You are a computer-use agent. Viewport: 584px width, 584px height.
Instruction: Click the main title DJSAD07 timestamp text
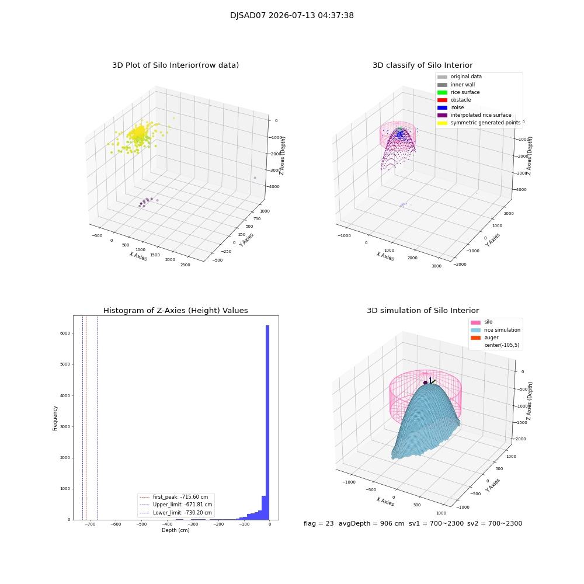(291, 15)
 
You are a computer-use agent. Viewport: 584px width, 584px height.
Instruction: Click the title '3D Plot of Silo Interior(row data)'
(175, 65)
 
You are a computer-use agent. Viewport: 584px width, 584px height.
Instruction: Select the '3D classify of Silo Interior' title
(423, 65)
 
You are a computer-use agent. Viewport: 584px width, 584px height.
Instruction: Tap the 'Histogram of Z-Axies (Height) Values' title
(175, 310)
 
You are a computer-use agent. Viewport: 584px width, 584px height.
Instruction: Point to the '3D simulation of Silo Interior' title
(423, 310)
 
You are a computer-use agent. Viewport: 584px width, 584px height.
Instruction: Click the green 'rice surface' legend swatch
(442, 92)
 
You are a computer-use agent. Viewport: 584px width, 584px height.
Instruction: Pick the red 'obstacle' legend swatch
(442, 100)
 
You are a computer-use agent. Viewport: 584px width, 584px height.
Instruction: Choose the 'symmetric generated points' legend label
(485, 123)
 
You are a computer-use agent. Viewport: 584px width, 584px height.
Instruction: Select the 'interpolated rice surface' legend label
(481, 115)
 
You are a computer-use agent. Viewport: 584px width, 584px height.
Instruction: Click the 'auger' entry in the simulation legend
(491, 338)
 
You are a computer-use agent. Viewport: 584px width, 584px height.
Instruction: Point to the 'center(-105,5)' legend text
(502, 345)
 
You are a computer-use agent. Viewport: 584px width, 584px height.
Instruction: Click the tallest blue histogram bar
(267, 422)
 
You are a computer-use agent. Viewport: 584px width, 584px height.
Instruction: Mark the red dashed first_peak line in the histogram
(86, 418)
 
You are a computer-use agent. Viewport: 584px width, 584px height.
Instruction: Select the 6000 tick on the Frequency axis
(65, 333)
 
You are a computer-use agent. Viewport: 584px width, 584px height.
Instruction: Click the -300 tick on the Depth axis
(193, 524)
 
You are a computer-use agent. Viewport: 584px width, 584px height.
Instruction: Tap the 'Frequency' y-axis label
(55, 418)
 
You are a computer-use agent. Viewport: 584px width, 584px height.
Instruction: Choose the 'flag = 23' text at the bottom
(318, 523)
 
